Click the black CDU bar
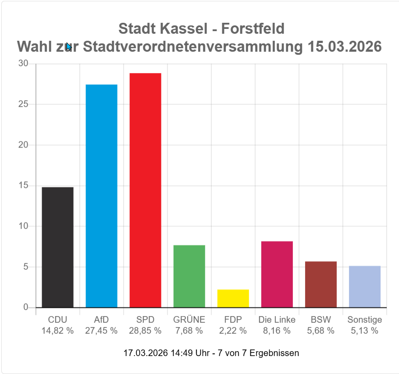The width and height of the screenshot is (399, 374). click(57, 247)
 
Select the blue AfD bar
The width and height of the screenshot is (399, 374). click(101, 196)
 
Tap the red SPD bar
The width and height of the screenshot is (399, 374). click(145, 190)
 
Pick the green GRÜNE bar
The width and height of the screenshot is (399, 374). click(189, 276)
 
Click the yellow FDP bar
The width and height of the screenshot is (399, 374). click(233, 298)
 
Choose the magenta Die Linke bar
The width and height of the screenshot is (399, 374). click(277, 274)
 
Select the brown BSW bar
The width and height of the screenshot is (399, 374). click(321, 284)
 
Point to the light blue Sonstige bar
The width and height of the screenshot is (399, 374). click(364, 286)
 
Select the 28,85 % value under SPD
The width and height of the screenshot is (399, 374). click(145, 331)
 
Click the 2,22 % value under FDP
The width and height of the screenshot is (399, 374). click(233, 331)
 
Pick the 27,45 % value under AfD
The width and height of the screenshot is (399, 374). click(101, 331)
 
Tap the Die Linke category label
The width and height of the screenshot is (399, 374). click(277, 320)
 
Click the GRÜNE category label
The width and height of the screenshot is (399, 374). click(189, 320)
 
